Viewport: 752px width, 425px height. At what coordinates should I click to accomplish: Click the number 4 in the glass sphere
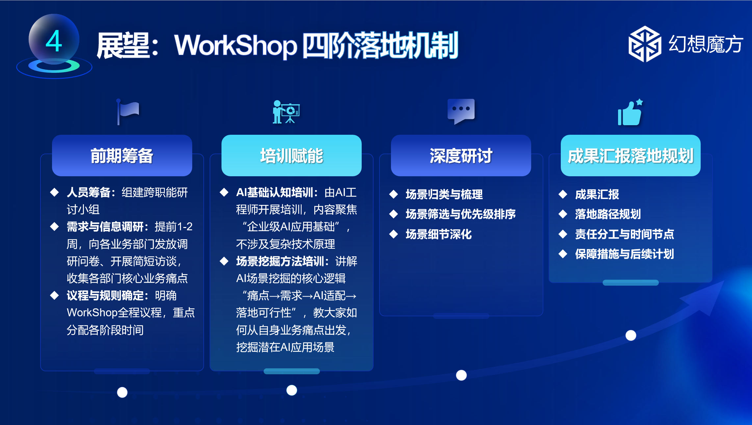54,41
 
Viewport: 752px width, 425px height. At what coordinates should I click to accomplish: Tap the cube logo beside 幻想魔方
645,44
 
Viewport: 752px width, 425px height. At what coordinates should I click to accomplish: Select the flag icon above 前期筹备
128,112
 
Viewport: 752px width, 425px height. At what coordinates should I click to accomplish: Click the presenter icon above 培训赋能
286,112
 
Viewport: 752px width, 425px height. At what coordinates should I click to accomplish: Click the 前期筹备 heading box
122,156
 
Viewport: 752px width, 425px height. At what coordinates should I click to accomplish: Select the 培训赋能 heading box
292,156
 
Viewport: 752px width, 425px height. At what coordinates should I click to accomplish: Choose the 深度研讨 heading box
461,156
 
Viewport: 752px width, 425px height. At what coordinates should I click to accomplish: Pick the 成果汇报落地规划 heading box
631,156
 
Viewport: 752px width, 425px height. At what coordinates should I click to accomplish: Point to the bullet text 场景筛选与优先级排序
461,214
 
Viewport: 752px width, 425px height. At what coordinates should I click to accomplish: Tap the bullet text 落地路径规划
608,214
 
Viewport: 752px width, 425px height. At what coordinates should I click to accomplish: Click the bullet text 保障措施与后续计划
624,254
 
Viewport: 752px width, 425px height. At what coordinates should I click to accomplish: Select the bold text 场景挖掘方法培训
280,261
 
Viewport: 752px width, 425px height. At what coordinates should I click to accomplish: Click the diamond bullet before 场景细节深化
394,234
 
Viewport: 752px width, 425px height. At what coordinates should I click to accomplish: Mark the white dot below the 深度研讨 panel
461,375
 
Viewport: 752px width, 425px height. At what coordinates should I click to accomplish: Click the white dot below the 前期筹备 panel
122,392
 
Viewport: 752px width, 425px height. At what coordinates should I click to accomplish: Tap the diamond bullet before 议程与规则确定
55,295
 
